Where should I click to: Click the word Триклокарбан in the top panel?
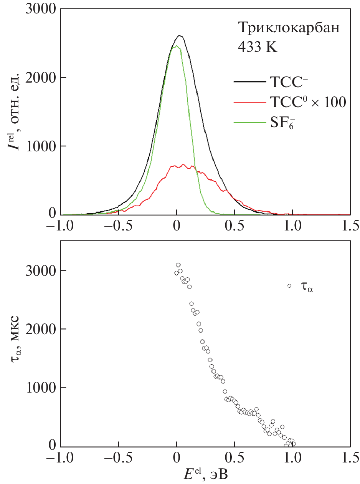click(289, 28)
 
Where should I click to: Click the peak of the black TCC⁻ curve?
click(179, 36)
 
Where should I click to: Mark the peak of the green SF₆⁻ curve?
click(176, 46)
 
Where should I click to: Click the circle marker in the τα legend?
click(289, 285)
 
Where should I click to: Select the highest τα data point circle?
click(178, 265)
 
